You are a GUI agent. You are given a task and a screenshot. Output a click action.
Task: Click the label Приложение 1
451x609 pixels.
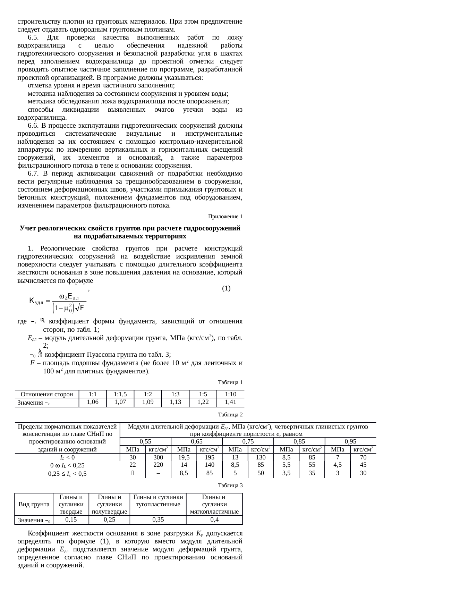(x=225, y=217)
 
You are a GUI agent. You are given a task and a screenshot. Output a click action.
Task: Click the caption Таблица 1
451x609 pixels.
(x=230, y=382)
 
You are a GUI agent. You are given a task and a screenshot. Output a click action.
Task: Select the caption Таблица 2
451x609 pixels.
(x=230, y=414)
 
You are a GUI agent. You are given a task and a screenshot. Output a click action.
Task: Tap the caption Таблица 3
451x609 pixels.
(x=230, y=485)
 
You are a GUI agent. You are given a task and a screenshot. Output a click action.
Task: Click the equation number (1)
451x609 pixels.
(x=226, y=288)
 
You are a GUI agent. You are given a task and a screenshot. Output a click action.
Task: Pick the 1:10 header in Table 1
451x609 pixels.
(x=230, y=394)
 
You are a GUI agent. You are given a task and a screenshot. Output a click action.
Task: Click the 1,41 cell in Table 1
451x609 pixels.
(x=230, y=402)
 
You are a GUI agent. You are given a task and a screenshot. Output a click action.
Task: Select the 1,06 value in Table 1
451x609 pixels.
(x=93, y=402)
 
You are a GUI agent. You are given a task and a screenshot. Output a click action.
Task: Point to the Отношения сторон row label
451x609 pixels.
(x=47, y=394)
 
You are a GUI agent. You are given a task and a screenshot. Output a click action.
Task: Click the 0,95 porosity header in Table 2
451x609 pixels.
(x=350, y=441)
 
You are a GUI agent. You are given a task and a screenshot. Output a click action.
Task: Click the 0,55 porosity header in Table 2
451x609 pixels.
(x=145, y=441)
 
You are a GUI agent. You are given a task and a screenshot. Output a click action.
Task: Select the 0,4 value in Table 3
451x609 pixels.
(x=214, y=519)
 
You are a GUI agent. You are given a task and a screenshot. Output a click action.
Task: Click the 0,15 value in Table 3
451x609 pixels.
(x=71, y=519)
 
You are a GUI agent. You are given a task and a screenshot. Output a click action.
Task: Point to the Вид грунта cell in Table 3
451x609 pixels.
(x=34, y=504)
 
